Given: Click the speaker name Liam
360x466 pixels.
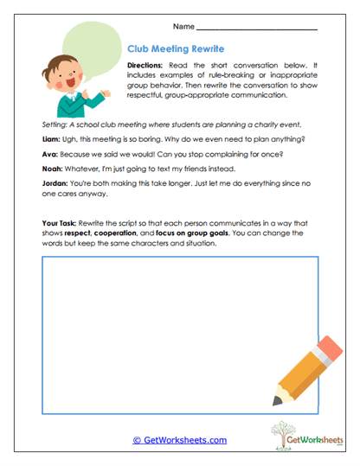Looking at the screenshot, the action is tap(52, 137).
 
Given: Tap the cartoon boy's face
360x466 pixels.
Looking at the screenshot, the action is tap(61, 78).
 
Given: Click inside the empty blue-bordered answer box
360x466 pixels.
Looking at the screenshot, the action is tap(156, 337).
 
